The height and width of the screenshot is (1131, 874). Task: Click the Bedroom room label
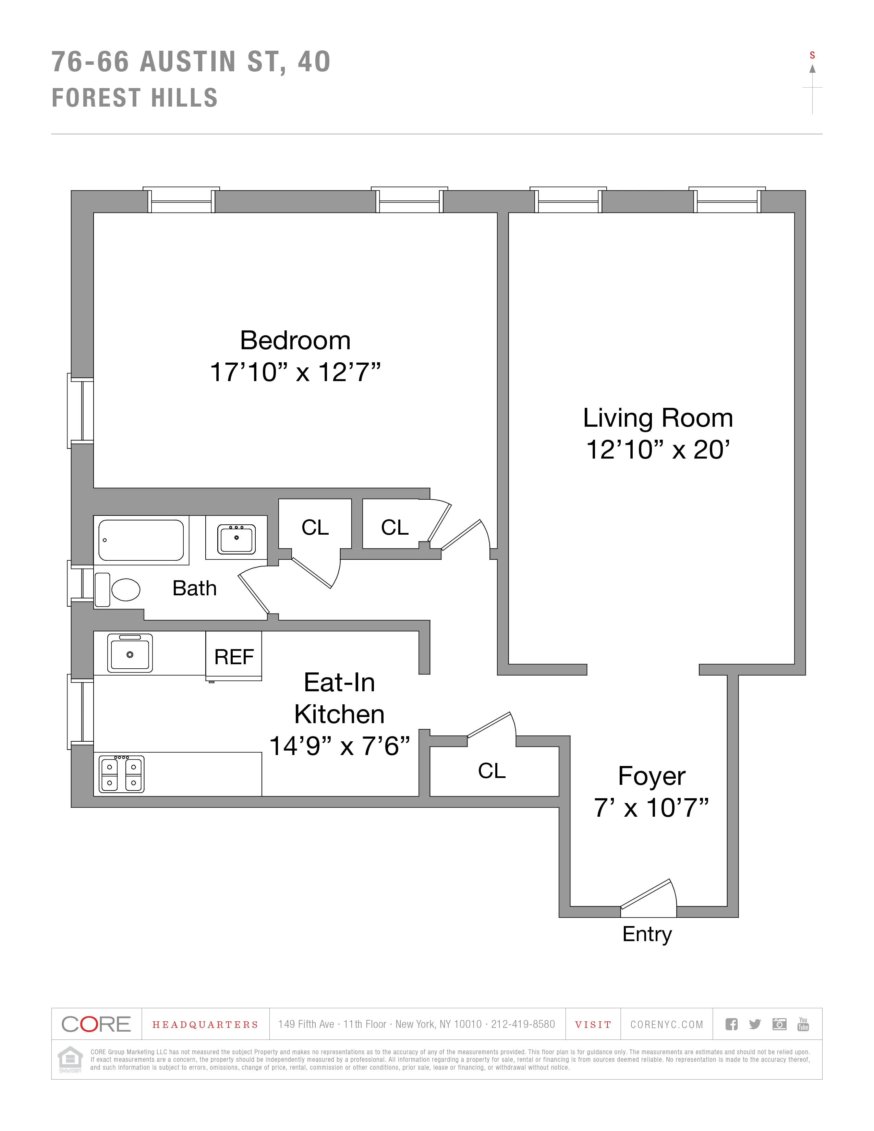click(x=295, y=341)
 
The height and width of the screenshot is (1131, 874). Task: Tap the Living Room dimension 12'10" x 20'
click(x=658, y=450)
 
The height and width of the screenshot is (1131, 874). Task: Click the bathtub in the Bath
click(x=141, y=540)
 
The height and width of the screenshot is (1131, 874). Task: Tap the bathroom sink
click(x=236, y=538)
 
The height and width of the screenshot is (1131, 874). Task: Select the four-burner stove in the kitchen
click(x=122, y=774)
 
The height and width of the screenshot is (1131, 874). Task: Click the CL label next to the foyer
click(x=491, y=770)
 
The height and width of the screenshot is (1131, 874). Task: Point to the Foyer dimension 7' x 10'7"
click(x=651, y=808)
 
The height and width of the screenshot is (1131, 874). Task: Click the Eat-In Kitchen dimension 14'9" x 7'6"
click(x=339, y=746)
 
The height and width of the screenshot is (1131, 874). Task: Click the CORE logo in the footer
click(x=96, y=1024)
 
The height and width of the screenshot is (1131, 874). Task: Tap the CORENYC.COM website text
click(x=666, y=1024)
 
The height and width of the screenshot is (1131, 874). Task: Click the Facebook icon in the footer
click(x=731, y=1024)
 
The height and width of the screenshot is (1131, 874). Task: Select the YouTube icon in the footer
click(x=803, y=1024)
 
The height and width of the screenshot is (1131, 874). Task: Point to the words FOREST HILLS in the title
click(x=135, y=98)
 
